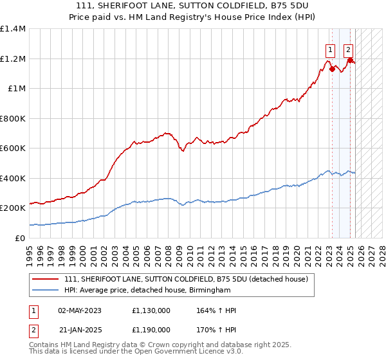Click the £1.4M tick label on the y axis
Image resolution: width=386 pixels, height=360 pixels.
pyautogui.click(x=13, y=29)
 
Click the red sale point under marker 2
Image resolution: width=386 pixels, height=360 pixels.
pyautogui.click(x=351, y=60)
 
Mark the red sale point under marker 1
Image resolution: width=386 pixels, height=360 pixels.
pyautogui.click(x=332, y=69)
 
